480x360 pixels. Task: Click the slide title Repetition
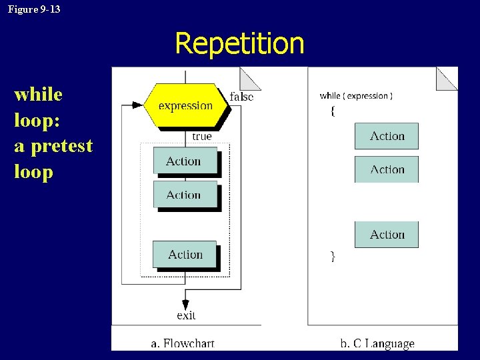pos(239,44)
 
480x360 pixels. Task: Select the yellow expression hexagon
pos(185,105)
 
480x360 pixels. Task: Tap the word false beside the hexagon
pos(241,97)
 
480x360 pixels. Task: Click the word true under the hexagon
pos(201,137)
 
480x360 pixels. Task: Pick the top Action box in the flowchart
pos(185,161)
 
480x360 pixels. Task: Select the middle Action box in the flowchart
pos(185,195)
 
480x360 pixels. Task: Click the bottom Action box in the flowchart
pos(185,254)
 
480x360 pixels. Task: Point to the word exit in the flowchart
pos(186,315)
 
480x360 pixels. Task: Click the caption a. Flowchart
pos(183,343)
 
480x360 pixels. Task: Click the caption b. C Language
pos(377,343)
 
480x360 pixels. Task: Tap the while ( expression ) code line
pos(356,96)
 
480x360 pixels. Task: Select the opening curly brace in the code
pos(333,111)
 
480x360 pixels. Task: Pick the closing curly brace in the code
pos(333,256)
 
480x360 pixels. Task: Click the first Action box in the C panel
pos(387,136)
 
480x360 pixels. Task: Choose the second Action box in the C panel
pos(387,169)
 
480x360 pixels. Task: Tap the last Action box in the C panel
pos(387,235)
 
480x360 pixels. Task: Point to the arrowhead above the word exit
pos(186,301)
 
